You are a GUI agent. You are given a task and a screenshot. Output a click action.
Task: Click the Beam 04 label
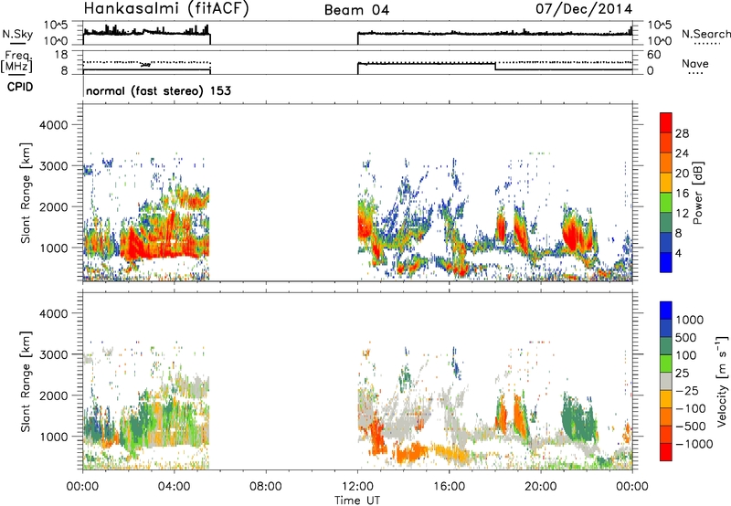point(356,10)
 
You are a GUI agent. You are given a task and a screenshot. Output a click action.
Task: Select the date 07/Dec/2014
point(584,9)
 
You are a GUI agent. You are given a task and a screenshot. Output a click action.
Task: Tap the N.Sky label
point(17,34)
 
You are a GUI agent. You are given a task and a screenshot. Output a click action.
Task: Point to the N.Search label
point(705,34)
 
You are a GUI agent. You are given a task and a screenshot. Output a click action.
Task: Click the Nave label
point(695,64)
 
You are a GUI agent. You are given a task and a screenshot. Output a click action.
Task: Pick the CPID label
point(20,87)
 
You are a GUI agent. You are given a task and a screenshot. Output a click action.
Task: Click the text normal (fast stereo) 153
point(158,90)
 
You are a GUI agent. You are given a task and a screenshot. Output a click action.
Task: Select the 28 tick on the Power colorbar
point(682,133)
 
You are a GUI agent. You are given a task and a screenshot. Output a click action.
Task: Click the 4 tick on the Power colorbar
point(678,253)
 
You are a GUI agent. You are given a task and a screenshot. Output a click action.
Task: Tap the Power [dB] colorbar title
point(698,193)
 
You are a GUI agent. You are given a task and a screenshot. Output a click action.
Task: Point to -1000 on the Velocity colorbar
point(694,444)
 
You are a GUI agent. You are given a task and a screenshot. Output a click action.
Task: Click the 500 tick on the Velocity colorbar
point(686,337)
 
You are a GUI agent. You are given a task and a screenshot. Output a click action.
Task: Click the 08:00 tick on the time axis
point(266,487)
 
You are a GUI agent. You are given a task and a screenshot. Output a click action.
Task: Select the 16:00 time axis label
point(449,487)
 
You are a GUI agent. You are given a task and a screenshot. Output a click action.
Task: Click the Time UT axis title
point(357,501)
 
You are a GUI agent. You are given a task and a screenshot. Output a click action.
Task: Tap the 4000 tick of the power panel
point(54,125)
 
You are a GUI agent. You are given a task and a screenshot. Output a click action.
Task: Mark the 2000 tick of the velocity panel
point(54,395)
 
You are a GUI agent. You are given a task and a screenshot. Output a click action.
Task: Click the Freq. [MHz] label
point(17,62)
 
